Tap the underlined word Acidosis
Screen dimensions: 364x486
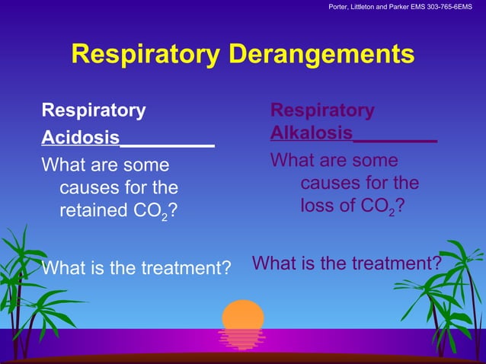pos(80,138)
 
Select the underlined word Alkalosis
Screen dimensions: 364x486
pos(311,133)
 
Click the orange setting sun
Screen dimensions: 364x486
pos(243,315)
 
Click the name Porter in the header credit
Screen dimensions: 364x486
pos(341,8)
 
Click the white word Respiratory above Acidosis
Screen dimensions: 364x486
pos(94,110)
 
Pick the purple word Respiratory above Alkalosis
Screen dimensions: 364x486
pos(322,110)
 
